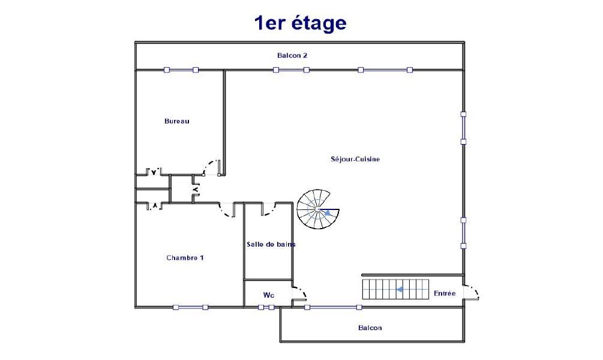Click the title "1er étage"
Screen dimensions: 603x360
(x=301, y=23)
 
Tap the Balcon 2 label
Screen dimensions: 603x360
(x=292, y=55)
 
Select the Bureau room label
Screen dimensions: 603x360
(x=177, y=121)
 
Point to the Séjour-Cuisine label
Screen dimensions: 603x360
(x=355, y=159)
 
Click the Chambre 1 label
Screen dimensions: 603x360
(x=185, y=257)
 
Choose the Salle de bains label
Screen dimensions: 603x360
(x=271, y=244)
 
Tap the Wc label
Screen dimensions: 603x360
(x=269, y=295)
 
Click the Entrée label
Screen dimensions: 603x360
(x=445, y=293)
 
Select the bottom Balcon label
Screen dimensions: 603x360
(x=370, y=328)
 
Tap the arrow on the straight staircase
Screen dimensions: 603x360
(x=400, y=289)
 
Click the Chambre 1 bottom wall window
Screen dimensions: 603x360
(x=190, y=307)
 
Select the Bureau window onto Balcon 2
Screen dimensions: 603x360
(x=181, y=70)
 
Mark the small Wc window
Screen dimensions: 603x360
(x=266, y=307)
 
